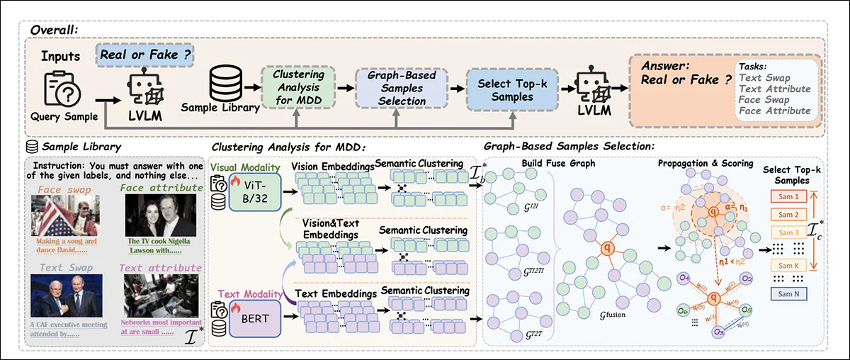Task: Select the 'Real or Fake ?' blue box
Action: tap(146, 54)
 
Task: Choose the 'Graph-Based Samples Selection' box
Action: tap(400, 88)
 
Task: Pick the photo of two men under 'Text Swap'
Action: tap(66, 297)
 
